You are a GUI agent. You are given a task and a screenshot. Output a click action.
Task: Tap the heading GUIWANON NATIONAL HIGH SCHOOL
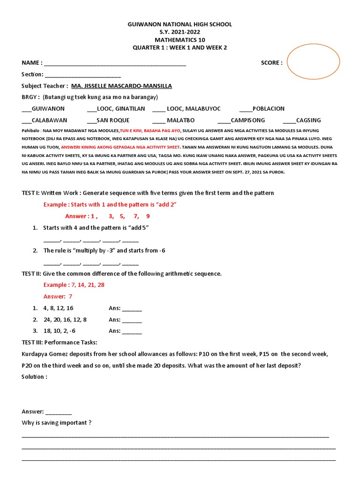pyautogui.click(x=180, y=24)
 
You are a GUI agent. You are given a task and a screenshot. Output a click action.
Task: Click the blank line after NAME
pyautogui.click(x=115, y=64)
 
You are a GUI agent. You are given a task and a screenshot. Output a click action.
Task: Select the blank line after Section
pyautogui.click(x=83, y=75)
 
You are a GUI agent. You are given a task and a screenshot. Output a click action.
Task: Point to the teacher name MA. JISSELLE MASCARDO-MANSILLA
pyautogui.click(x=121, y=86)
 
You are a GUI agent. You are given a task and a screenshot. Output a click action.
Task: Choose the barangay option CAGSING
pyautogui.click(x=308, y=120)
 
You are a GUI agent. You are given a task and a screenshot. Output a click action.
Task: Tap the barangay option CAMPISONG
pyautogui.click(x=248, y=120)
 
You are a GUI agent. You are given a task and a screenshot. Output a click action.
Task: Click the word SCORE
pyautogui.click(x=271, y=63)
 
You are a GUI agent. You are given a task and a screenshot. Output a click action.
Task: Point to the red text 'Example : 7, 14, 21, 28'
pyautogui.click(x=74, y=285)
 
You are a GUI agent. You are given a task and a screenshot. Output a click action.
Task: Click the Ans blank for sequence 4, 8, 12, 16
pyautogui.click(x=132, y=309)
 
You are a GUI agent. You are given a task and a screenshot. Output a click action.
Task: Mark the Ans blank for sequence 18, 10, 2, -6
pyautogui.click(x=132, y=331)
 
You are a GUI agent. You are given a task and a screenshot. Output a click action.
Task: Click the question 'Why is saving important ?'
pyautogui.click(x=57, y=423)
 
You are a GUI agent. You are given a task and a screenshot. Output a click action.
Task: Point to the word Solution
pyautogui.click(x=34, y=377)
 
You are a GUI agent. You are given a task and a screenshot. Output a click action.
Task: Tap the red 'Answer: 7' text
pyautogui.click(x=58, y=297)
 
